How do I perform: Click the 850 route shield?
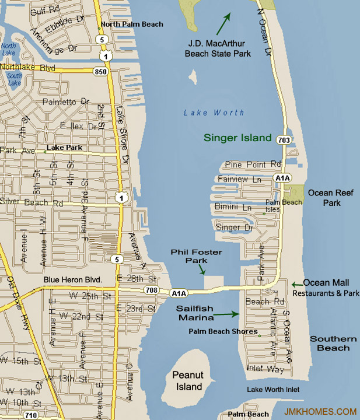tap(100, 71)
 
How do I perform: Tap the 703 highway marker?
tap(284, 140)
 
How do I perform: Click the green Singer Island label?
tap(237, 138)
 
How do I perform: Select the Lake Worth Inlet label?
tap(273, 389)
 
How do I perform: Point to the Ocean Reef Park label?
tap(331, 198)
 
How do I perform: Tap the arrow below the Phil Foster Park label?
tap(202, 269)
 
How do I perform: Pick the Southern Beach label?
tap(333, 344)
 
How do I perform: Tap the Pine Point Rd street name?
tap(253, 164)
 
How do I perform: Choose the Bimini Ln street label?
tap(233, 207)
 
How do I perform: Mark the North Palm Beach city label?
tap(132, 24)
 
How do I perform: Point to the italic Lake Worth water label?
tap(214, 113)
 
